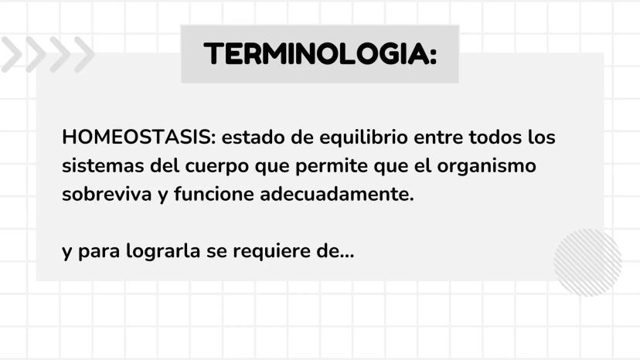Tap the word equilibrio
pyautogui.click(x=364, y=138)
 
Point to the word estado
pyautogui.click(x=253, y=138)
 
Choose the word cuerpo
pyautogui.click(x=217, y=167)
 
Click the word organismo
pyautogui.click(x=486, y=167)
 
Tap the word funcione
pyautogui.click(x=214, y=194)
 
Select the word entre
pyautogui.click(x=438, y=138)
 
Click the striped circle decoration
pyautogui.click(x=587, y=263)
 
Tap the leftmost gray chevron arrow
pyautogui.click(x=12, y=54)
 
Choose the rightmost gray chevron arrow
pyautogui.click(x=84, y=54)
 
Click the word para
pyautogui.click(x=98, y=253)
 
